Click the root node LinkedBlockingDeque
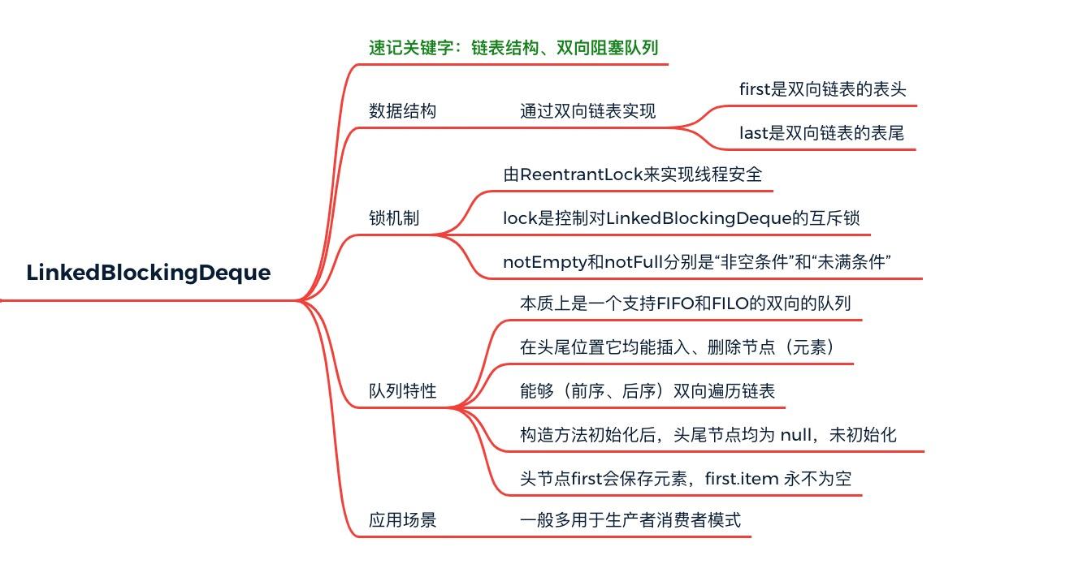(148, 273)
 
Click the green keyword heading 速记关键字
(513, 47)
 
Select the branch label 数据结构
(402, 111)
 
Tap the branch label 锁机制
(394, 218)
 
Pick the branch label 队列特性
(402, 391)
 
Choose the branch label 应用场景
(402, 520)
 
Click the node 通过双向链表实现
(587, 111)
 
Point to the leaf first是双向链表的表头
(822, 89)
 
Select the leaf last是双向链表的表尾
(821, 133)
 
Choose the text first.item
(741, 479)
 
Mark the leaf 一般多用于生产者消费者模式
(630, 520)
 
